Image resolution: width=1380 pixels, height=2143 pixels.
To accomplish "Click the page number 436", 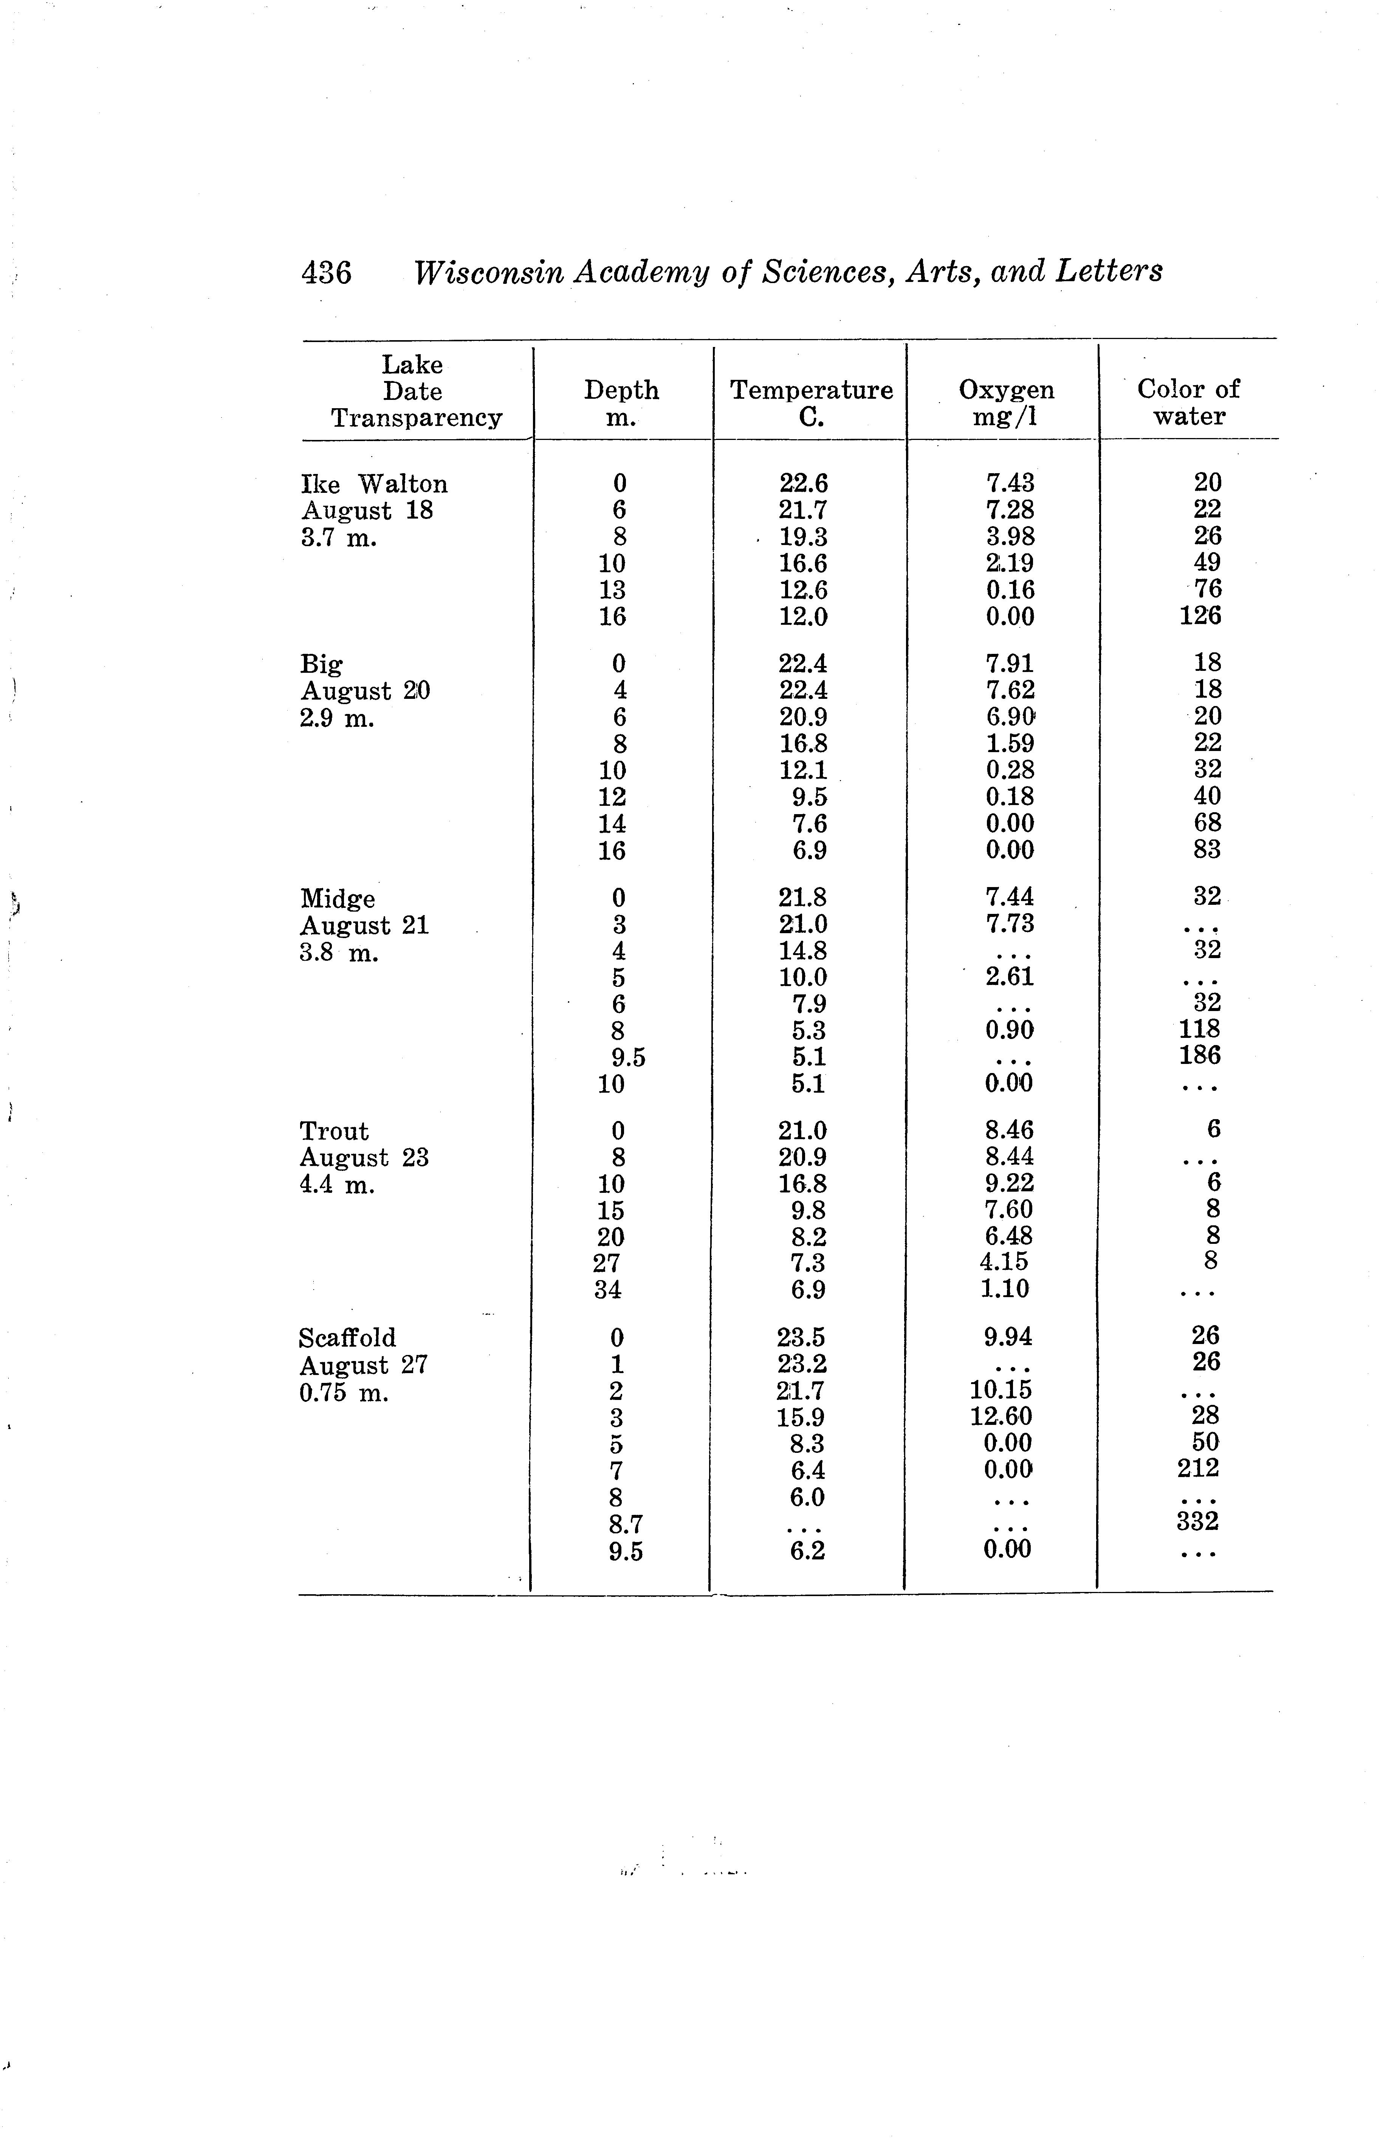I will [x=326, y=271].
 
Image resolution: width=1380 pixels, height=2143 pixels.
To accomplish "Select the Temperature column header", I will [x=811, y=390].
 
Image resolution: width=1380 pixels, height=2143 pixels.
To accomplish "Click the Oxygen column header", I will [x=1006, y=390].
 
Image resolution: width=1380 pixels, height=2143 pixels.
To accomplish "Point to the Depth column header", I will [x=621, y=390].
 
